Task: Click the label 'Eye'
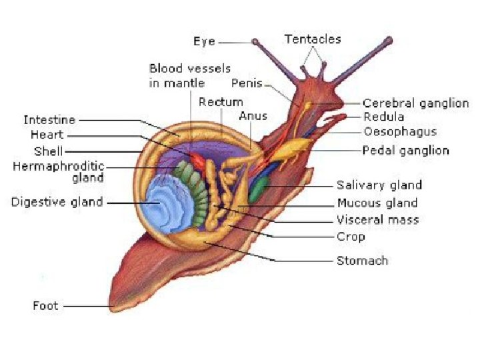[203, 41]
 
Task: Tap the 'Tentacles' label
[313, 39]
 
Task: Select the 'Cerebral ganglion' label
[415, 103]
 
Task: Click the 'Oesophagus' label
[400, 131]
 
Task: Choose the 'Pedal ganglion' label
[405, 151]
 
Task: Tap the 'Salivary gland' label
[379, 185]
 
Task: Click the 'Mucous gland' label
[377, 203]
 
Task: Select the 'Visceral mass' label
[377, 219]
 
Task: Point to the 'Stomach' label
[362, 260]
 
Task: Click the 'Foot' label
[45, 306]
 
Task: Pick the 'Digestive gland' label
[57, 202]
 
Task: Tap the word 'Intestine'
[49, 120]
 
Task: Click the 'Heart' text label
[47, 135]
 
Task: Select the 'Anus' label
[253, 116]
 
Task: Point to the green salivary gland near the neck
[257, 191]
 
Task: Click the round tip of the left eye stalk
[255, 41]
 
